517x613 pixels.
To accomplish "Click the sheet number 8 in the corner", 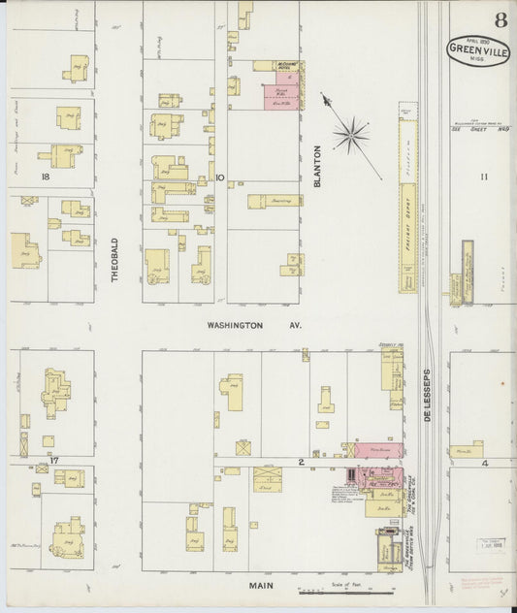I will pos(498,20).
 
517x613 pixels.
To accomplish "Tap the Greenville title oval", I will pos(478,50).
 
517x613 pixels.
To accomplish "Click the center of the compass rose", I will pos(351,135).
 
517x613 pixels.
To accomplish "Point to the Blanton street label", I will pos(317,166).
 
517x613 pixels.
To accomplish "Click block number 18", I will pos(44,177).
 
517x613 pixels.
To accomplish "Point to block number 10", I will pos(220,177).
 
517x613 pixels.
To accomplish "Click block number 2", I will pos(301,463).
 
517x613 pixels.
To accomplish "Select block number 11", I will pos(485,177).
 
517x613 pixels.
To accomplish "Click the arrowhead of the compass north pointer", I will pos(323,95).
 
